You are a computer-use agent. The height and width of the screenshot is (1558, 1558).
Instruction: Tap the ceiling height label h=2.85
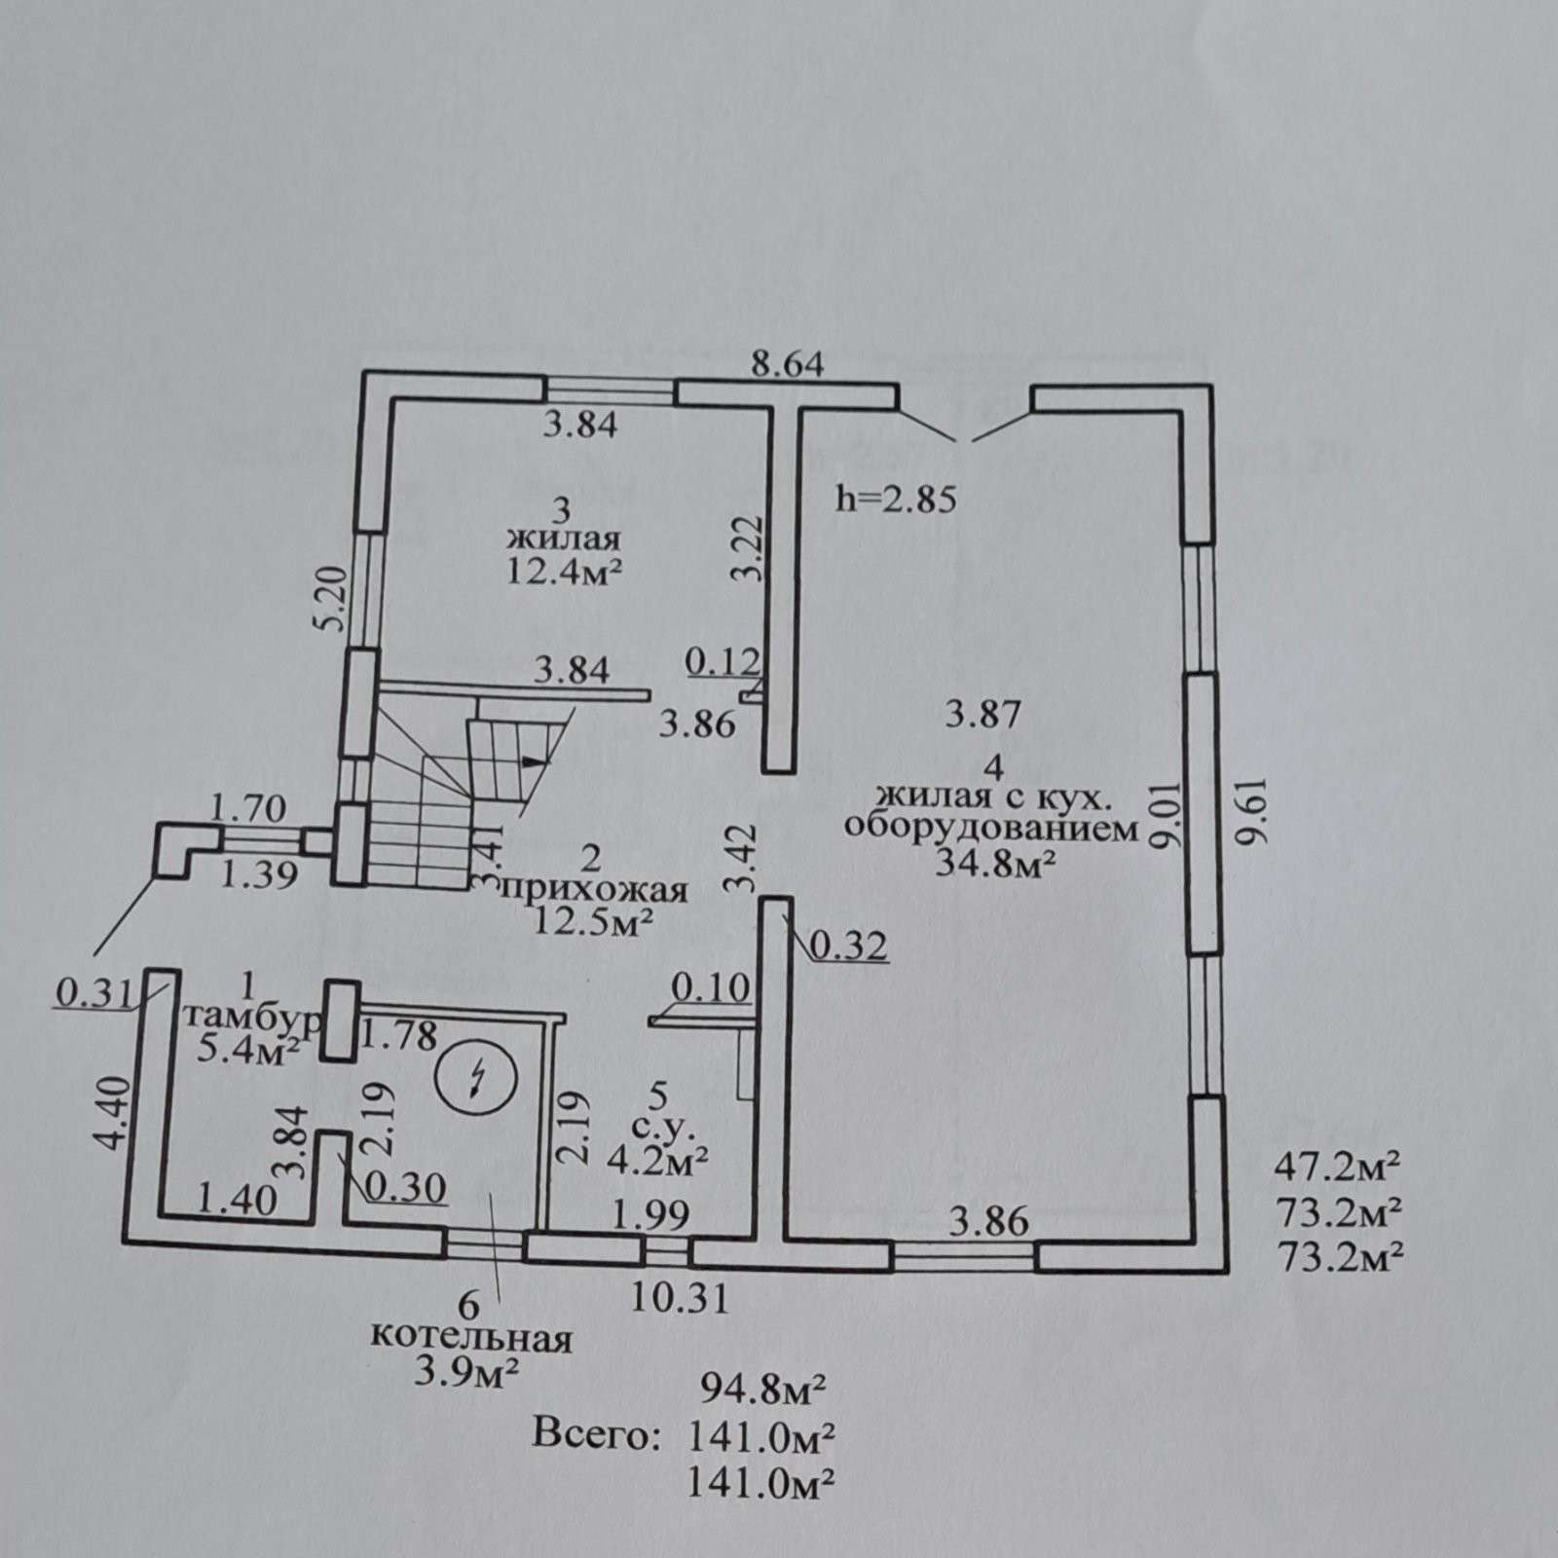897,500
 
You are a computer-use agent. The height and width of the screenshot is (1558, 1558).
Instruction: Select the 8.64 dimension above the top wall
788,364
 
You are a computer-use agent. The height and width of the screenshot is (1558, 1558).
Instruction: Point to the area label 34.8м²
997,863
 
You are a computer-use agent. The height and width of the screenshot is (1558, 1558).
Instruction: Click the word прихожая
592,889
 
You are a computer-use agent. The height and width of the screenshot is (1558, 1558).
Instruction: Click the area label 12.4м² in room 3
564,571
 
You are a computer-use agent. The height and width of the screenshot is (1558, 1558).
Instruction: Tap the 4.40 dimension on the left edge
112,1112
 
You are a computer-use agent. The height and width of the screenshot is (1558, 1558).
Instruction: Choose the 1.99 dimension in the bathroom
651,1214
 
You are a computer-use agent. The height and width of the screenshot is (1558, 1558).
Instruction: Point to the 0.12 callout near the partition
723,662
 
